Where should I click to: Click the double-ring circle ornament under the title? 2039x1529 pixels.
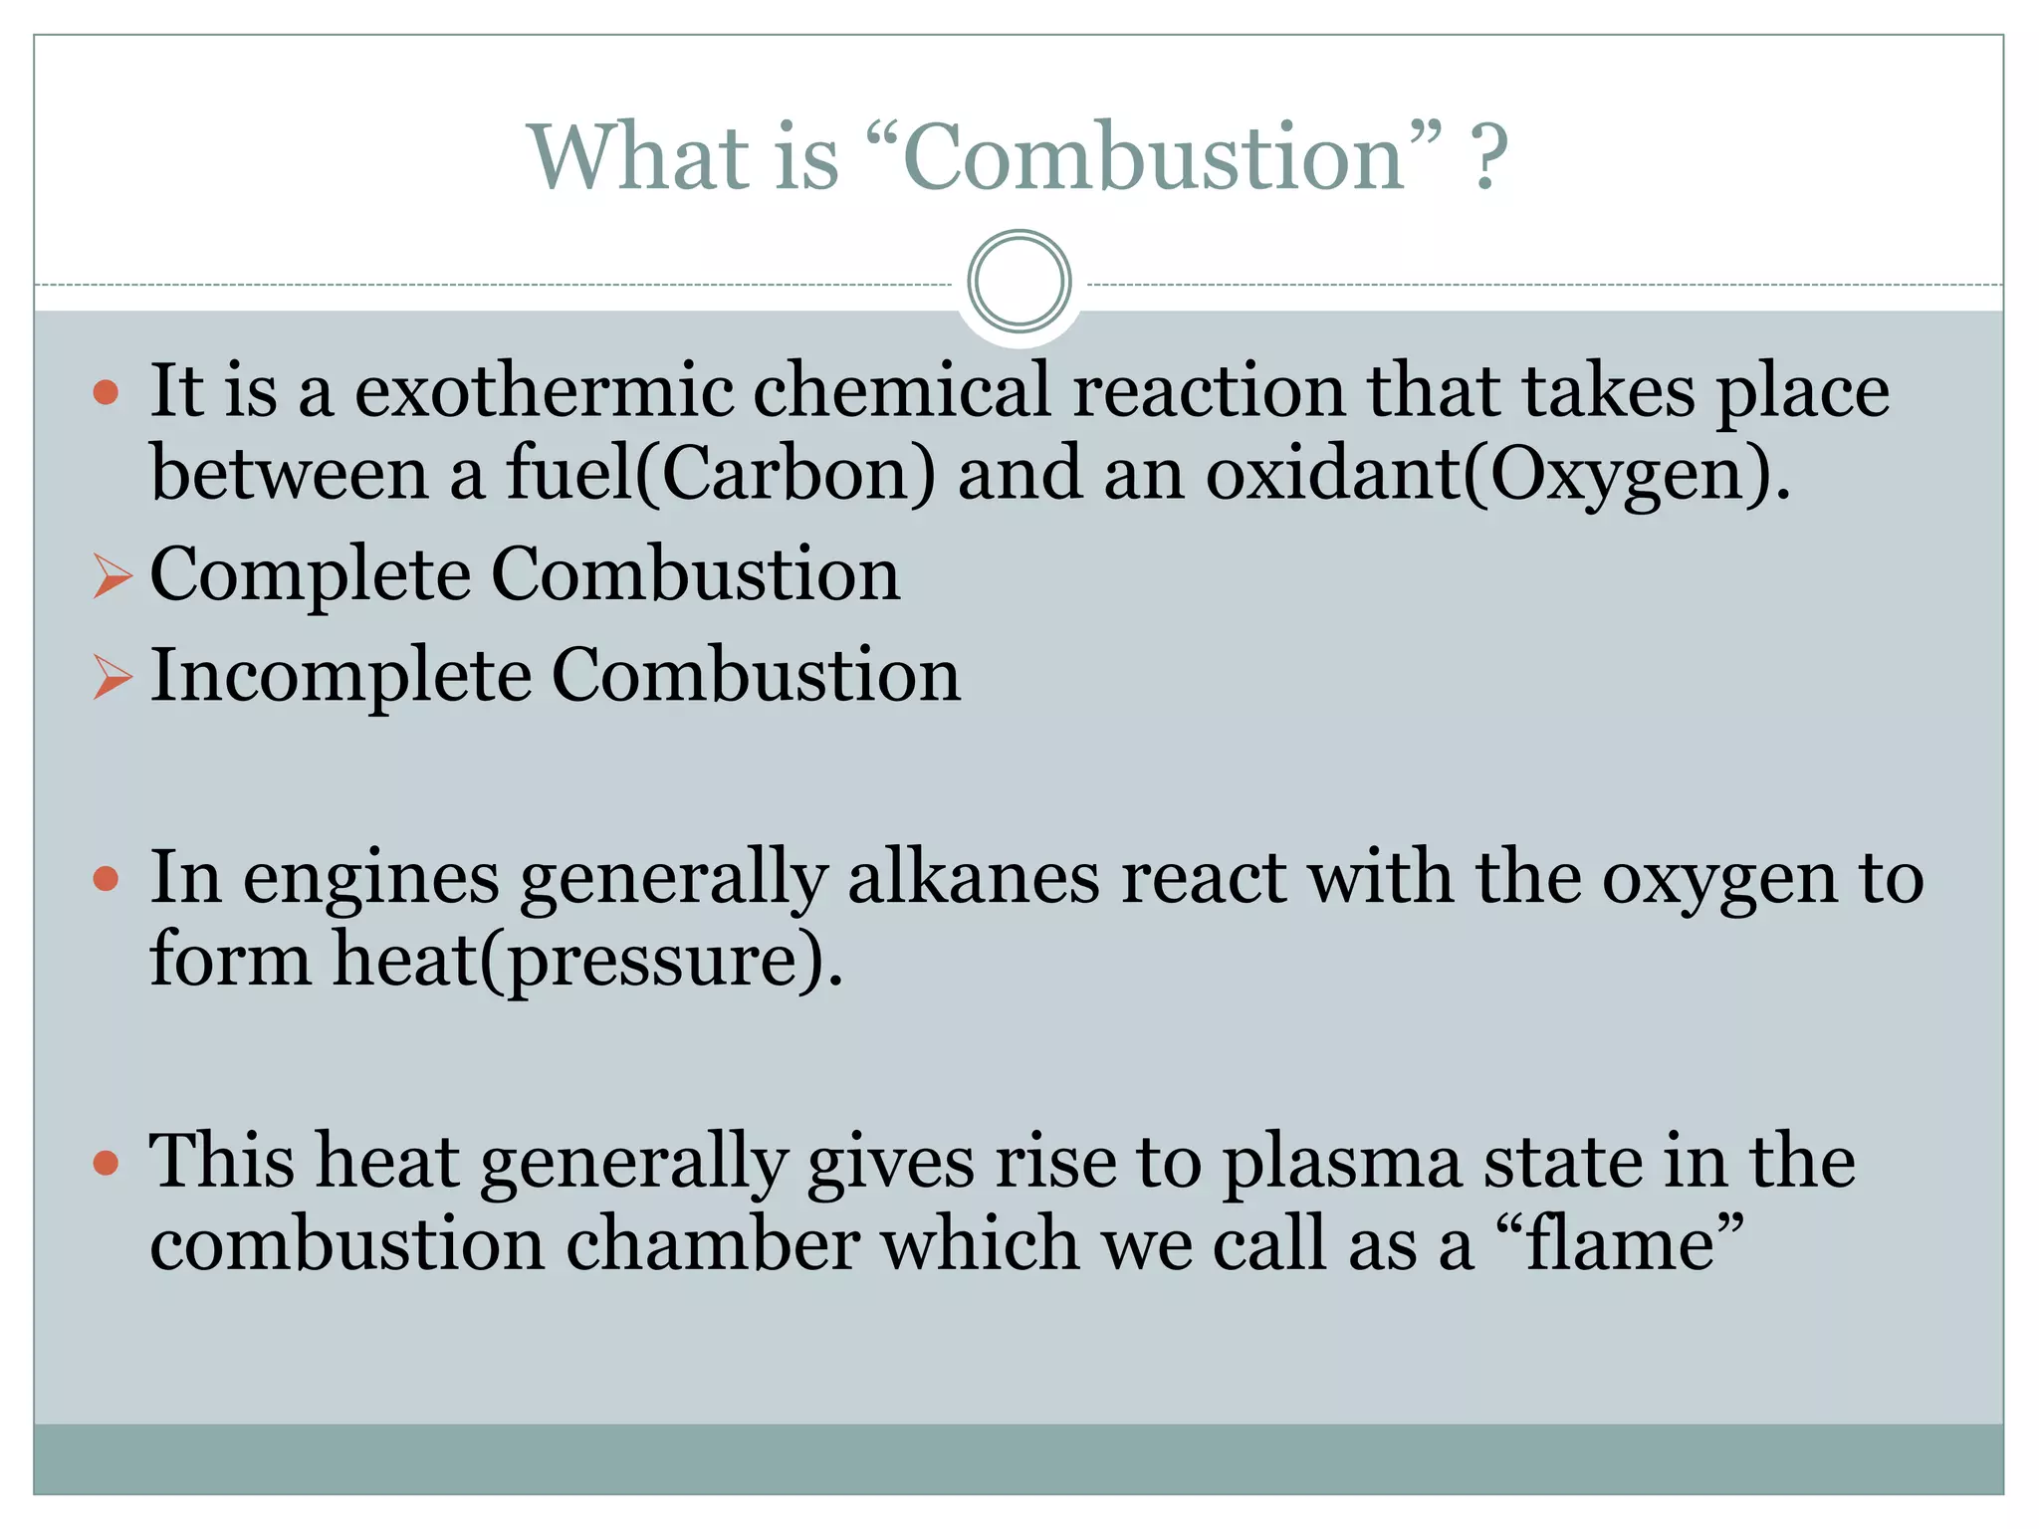[1019, 282]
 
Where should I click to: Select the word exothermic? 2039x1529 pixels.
[544, 390]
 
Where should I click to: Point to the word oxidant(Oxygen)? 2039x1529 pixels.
[1497, 476]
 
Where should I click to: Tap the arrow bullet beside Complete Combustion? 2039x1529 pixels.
[112, 577]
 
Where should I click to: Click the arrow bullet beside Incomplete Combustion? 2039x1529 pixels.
[112, 678]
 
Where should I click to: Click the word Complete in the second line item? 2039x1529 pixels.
[310, 576]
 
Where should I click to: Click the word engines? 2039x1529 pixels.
[370, 880]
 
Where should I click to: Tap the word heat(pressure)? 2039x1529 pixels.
[587, 961]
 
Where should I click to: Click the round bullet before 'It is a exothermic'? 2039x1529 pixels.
[106, 392]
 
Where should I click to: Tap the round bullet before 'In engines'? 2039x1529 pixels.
[106, 879]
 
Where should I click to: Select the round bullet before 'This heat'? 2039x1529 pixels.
[106, 1162]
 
